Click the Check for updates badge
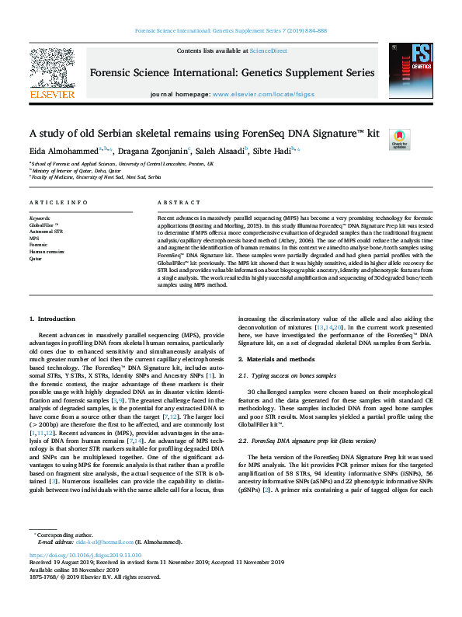coord(399,138)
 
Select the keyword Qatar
coord(36,259)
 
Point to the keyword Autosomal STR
coord(47,232)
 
